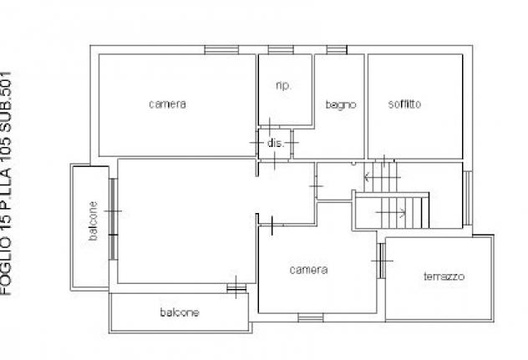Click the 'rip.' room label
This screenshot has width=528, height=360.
pyautogui.click(x=283, y=86)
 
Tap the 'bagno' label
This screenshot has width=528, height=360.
pyautogui.click(x=341, y=104)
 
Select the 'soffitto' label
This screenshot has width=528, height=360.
pyautogui.click(x=404, y=104)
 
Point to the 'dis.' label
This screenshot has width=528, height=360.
pyautogui.click(x=276, y=143)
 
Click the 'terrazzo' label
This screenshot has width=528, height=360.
pyautogui.click(x=444, y=276)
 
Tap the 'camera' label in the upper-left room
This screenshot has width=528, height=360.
pyautogui.click(x=167, y=104)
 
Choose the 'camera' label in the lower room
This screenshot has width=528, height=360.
pyautogui.click(x=308, y=270)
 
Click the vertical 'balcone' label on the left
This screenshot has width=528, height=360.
pyautogui.click(x=94, y=221)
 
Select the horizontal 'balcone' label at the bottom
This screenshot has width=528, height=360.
pyautogui.click(x=180, y=312)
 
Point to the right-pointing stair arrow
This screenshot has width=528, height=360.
pyautogui.click(x=391, y=212)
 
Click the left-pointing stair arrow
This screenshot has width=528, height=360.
pyautogui.click(x=382, y=177)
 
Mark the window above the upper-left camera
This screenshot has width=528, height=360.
pyautogui.click(x=221, y=50)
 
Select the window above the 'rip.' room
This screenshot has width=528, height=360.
pyautogui.click(x=281, y=50)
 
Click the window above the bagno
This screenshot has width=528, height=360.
pyautogui.click(x=337, y=50)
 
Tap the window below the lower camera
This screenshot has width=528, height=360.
pyautogui.click(x=311, y=317)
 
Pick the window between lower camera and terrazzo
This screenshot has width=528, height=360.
pyautogui.click(x=381, y=261)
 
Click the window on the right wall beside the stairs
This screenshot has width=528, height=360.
pyautogui.click(x=468, y=198)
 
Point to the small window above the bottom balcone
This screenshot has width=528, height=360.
pyautogui.click(x=236, y=288)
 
